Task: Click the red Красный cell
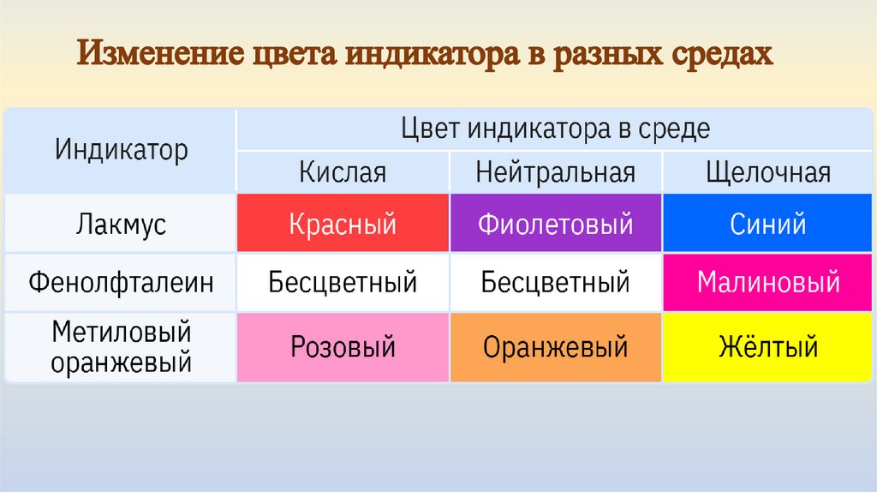pyautogui.click(x=343, y=224)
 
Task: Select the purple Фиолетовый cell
pyautogui.click(x=555, y=224)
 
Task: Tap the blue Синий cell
pyautogui.click(x=768, y=224)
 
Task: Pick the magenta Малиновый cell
pyautogui.click(x=768, y=282)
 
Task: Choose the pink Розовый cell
pyautogui.click(x=343, y=347)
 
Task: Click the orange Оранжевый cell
pyautogui.click(x=555, y=347)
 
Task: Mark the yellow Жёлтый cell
pyautogui.click(x=768, y=347)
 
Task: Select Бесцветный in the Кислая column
pyautogui.click(x=343, y=282)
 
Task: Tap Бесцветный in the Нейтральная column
pyautogui.click(x=555, y=282)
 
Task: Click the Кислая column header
pyautogui.click(x=343, y=172)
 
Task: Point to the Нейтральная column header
pyautogui.click(x=555, y=172)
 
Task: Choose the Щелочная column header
pyautogui.click(x=768, y=172)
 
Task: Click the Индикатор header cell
pyautogui.click(x=122, y=151)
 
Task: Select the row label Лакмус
pyautogui.click(x=121, y=225)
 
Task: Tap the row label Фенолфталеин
pyautogui.click(x=121, y=282)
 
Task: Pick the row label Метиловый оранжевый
pyautogui.click(x=121, y=347)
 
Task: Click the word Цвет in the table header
pyautogui.click(x=430, y=129)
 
